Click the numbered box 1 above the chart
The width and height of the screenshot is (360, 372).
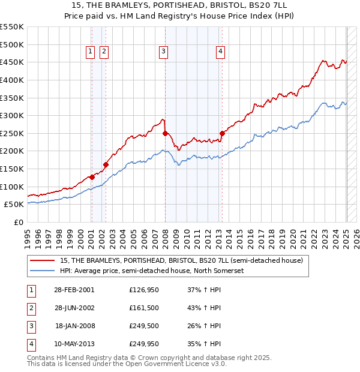[90, 52]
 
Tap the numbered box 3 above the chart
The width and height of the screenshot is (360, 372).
[163, 52]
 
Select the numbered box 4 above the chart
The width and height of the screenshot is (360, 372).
[221, 52]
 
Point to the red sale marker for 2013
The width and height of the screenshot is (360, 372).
[222, 133]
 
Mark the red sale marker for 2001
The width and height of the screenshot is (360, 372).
[92, 177]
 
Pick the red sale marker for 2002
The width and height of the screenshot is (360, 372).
[106, 164]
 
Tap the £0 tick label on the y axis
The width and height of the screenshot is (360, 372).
[18, 222]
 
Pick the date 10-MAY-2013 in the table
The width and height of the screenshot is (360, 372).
[75, 344]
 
